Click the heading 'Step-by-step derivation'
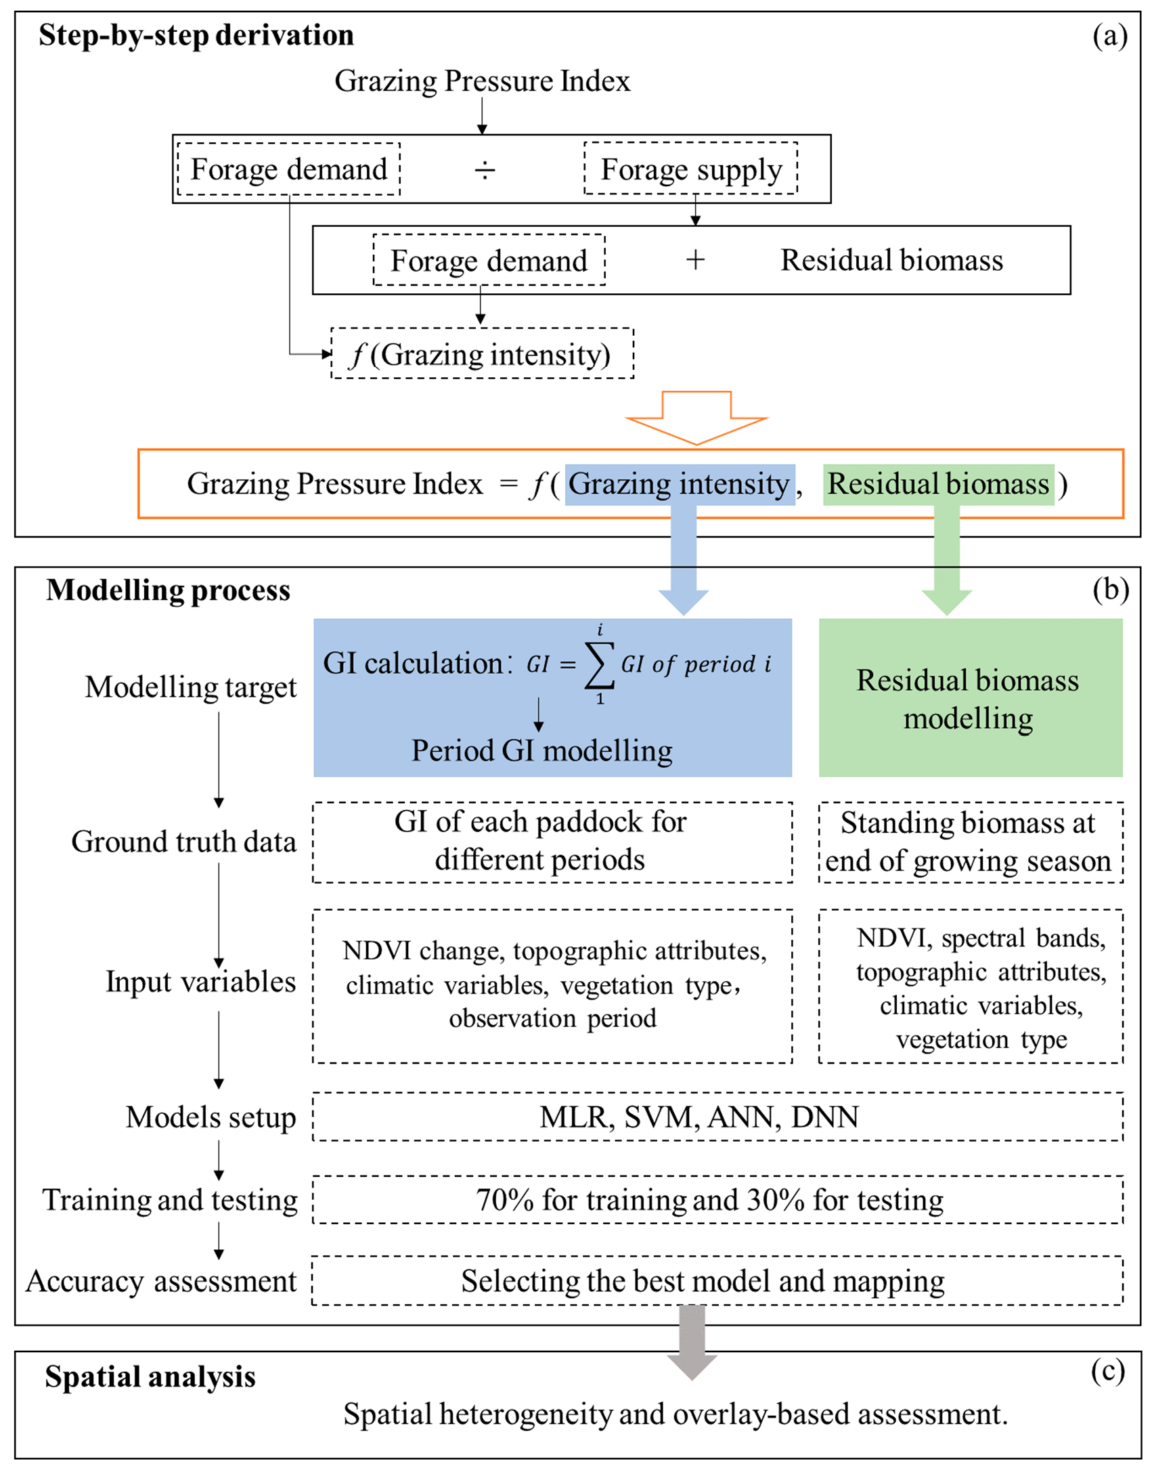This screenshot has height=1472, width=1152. (196, 35)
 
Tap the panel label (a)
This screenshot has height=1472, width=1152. (1110, 35)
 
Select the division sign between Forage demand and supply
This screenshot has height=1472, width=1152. (485, 169)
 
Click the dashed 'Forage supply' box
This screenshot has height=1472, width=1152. (691, 169)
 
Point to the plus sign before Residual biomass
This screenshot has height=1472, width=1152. (695, 260)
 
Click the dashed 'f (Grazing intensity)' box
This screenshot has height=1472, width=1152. (482, 354)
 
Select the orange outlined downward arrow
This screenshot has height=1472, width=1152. (696, 417)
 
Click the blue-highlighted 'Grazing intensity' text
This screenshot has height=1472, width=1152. (679, 484)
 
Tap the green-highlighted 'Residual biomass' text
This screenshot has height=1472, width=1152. (938, 484)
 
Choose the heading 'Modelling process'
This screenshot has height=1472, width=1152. (168, 590)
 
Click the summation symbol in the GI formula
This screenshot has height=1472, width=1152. (600, 665)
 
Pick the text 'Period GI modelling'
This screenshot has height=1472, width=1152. (542, 750)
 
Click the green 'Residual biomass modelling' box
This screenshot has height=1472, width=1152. (970, 698)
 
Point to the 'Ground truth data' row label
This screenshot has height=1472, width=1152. (183, 842)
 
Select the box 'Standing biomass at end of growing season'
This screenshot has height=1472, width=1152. (970, 842)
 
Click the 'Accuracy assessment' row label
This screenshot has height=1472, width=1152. (162, 1281)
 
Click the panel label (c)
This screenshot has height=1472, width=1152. (1107, 1370)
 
